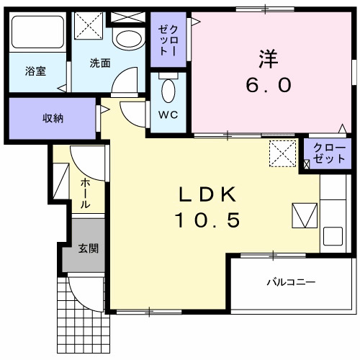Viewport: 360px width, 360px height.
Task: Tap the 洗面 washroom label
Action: (x=100, y=63)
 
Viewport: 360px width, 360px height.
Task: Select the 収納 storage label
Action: (x=51, y=118)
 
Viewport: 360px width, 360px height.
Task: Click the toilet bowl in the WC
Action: (x=168, y=91)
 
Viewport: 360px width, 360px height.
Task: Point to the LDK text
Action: (x=207, y=194)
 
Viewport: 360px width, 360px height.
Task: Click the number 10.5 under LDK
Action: (x=207, y=220)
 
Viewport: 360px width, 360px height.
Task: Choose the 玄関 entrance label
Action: (x=88, y=248)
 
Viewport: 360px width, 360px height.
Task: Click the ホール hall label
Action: (x=86, y=194)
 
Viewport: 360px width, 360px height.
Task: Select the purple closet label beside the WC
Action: (x=168, y=40)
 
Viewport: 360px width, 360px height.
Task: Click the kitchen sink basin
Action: (x=333, y=236)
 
